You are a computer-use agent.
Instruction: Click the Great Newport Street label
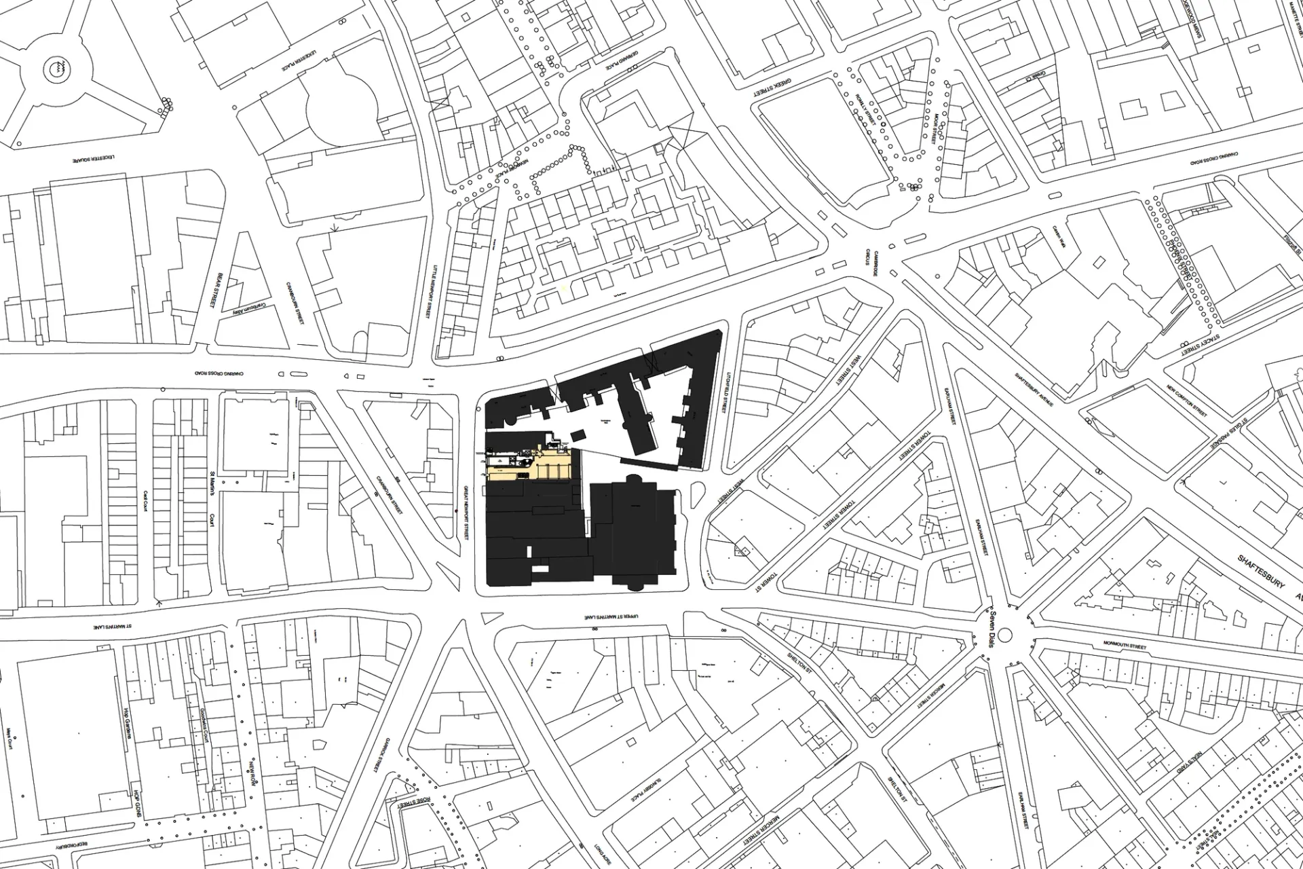466,513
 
